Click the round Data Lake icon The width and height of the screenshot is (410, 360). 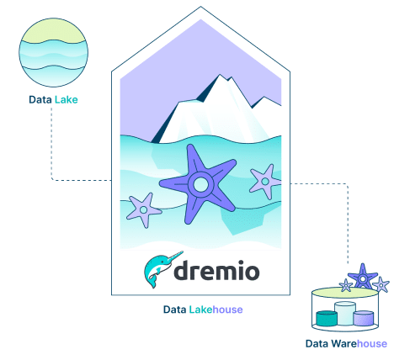(x=53, y=52)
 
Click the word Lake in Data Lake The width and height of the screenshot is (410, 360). (x=67, y=99)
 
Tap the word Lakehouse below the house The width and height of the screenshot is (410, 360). (x=216, y=310)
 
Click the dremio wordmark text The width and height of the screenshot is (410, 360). (x=216, y=271)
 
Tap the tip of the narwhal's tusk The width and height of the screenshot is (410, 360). (x=183, y=251)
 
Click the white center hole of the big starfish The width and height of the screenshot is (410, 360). (x=201, y=184)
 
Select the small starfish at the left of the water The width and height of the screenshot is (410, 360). (x=144, y=209)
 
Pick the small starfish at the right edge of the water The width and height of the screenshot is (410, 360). (x=265, y=182)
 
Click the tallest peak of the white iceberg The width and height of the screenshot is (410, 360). (x=220, y=75)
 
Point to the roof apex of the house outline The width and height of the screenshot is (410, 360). (x=200, y=7)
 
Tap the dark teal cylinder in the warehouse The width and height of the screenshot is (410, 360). (x=327, y=319)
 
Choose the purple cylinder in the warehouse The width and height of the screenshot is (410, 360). (x=364, y=318)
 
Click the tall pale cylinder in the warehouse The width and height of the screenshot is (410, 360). (x=345, y=313)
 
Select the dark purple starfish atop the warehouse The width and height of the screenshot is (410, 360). (x=363, y=278)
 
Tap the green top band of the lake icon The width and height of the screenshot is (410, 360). (x=53, y=31)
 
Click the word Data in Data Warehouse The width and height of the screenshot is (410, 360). (x=317, y=344)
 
